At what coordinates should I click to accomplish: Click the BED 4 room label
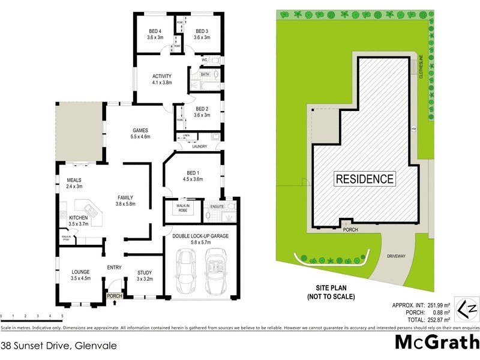155,32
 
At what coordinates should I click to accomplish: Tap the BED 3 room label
202,32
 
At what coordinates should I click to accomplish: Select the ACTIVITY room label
162,76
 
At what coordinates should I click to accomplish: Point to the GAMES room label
140,130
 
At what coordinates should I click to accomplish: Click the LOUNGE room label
80,272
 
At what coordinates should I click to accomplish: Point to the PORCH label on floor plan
114,296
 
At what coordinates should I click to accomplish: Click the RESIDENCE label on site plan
365,179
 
